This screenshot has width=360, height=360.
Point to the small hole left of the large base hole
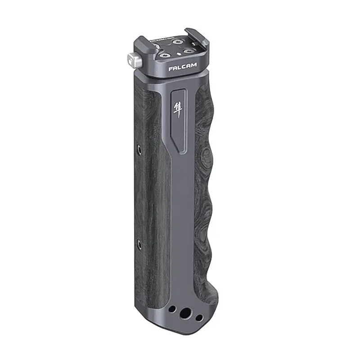[x=172, y=310]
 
